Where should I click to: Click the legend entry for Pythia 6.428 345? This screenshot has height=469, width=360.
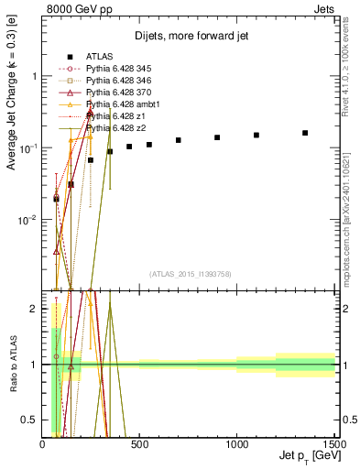115,69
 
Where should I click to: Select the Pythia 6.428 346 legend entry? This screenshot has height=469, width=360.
115,81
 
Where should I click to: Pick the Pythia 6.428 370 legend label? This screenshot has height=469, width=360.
115,93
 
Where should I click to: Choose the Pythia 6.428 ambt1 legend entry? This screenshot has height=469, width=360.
118,104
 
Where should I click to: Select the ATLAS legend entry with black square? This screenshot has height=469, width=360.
99,57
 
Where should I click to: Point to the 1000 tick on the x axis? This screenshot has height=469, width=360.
236,444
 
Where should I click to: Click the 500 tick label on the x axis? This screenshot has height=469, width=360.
139,444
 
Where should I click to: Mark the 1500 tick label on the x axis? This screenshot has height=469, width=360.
333,444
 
